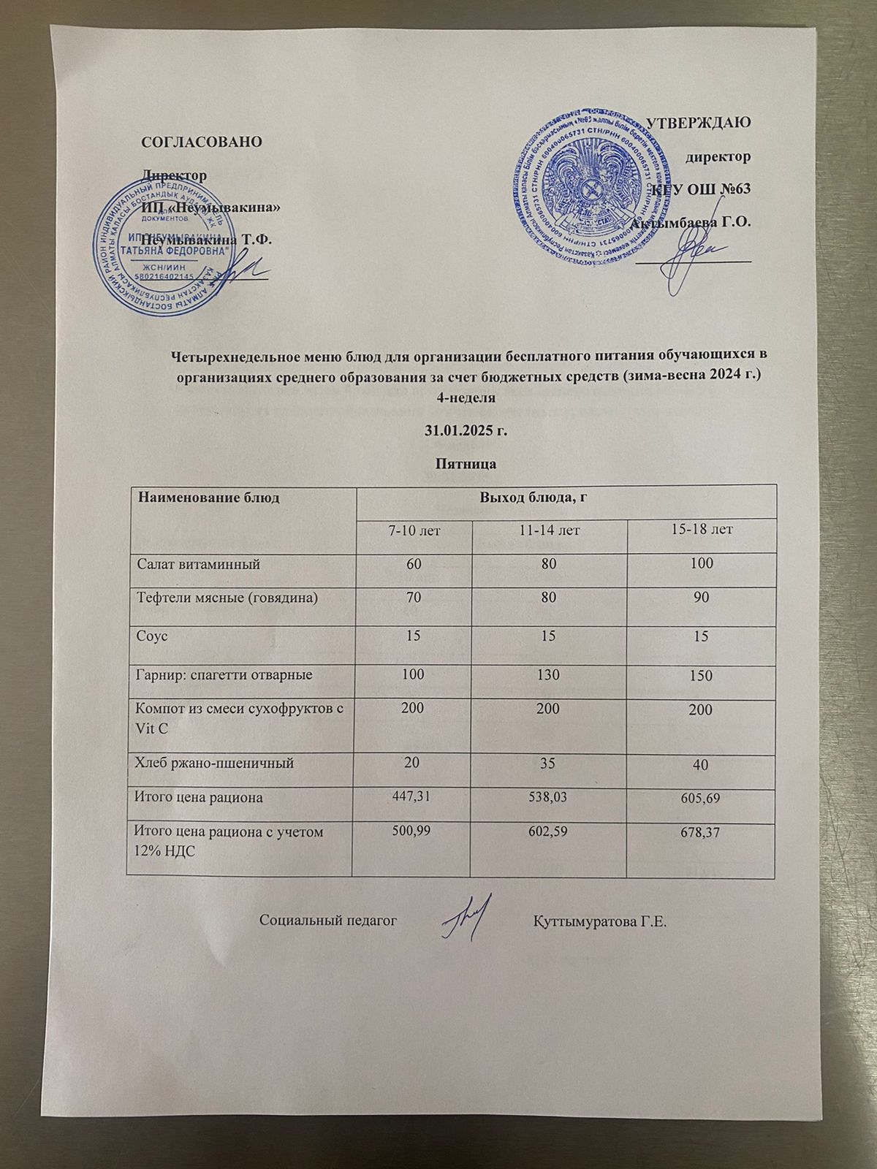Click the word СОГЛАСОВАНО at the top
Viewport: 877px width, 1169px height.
(200, 142)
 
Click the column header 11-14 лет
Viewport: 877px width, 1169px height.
(549, 529)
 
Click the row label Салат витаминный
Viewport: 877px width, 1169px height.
(199, 564)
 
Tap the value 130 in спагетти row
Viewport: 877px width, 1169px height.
(549, 675)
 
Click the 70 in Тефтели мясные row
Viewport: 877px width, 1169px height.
(412, 598)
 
